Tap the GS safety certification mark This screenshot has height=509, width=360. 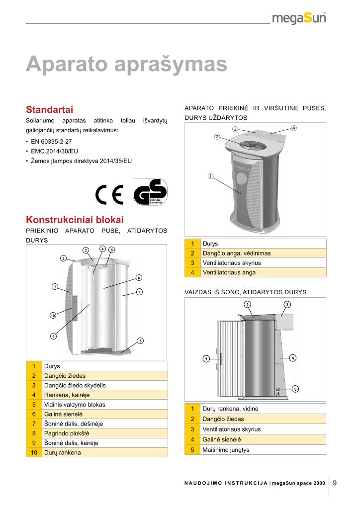click(x=150, y=192)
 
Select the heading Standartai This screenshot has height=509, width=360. click(x=50, y=109)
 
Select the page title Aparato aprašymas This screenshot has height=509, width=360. click(x=126, y=65)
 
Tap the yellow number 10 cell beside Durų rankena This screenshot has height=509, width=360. click(x=34, y=452)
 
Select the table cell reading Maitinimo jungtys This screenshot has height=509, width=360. click(x=226, y=450)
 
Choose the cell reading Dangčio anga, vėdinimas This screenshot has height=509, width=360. click(x=236, y=253)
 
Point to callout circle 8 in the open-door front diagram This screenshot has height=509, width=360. click(x=140, y=340)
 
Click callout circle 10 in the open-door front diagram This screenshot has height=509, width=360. click(x=53, y=315)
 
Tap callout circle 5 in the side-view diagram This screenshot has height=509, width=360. click(x=295, y=388)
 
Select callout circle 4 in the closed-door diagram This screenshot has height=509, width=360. click(x=294, y=128)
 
